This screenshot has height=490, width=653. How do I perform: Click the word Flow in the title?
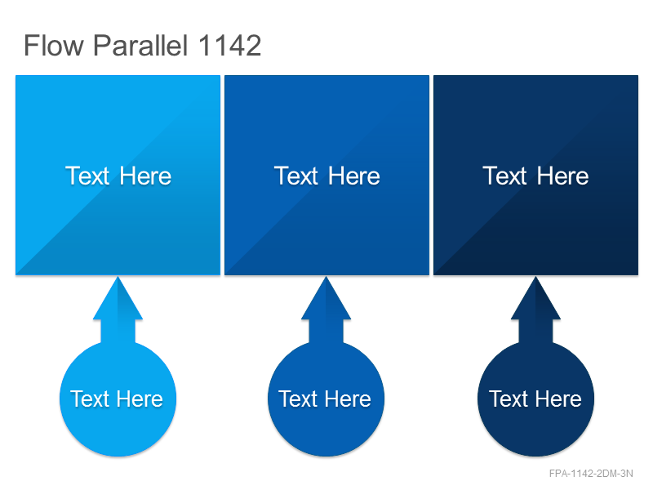click(x=54, y=45)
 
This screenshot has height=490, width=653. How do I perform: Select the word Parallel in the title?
click(x=140, y=45)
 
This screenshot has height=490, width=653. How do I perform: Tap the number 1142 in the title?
click(x=229, y=45)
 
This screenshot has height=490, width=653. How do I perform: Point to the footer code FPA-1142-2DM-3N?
click(x=591, y=474)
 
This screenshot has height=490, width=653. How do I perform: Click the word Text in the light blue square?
click(x=87, y=176)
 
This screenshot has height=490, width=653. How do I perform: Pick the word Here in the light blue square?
click(x=145, y=176)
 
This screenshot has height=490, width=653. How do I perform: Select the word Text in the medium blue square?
click(x=296, y=176)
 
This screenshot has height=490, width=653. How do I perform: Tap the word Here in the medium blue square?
click(x=354, y=176)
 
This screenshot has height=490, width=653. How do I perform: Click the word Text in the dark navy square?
click(x=504, y=176)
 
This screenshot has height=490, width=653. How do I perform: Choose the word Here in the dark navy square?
click(x=562, y=176)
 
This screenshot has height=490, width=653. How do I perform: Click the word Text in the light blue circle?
click(x=90, y=399)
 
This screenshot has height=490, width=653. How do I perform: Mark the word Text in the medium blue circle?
click(x=298, y=399)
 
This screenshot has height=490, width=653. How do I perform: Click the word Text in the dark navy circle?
click(x=508, y=399)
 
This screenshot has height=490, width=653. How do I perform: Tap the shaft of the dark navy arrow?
click(x=535, y=332)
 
